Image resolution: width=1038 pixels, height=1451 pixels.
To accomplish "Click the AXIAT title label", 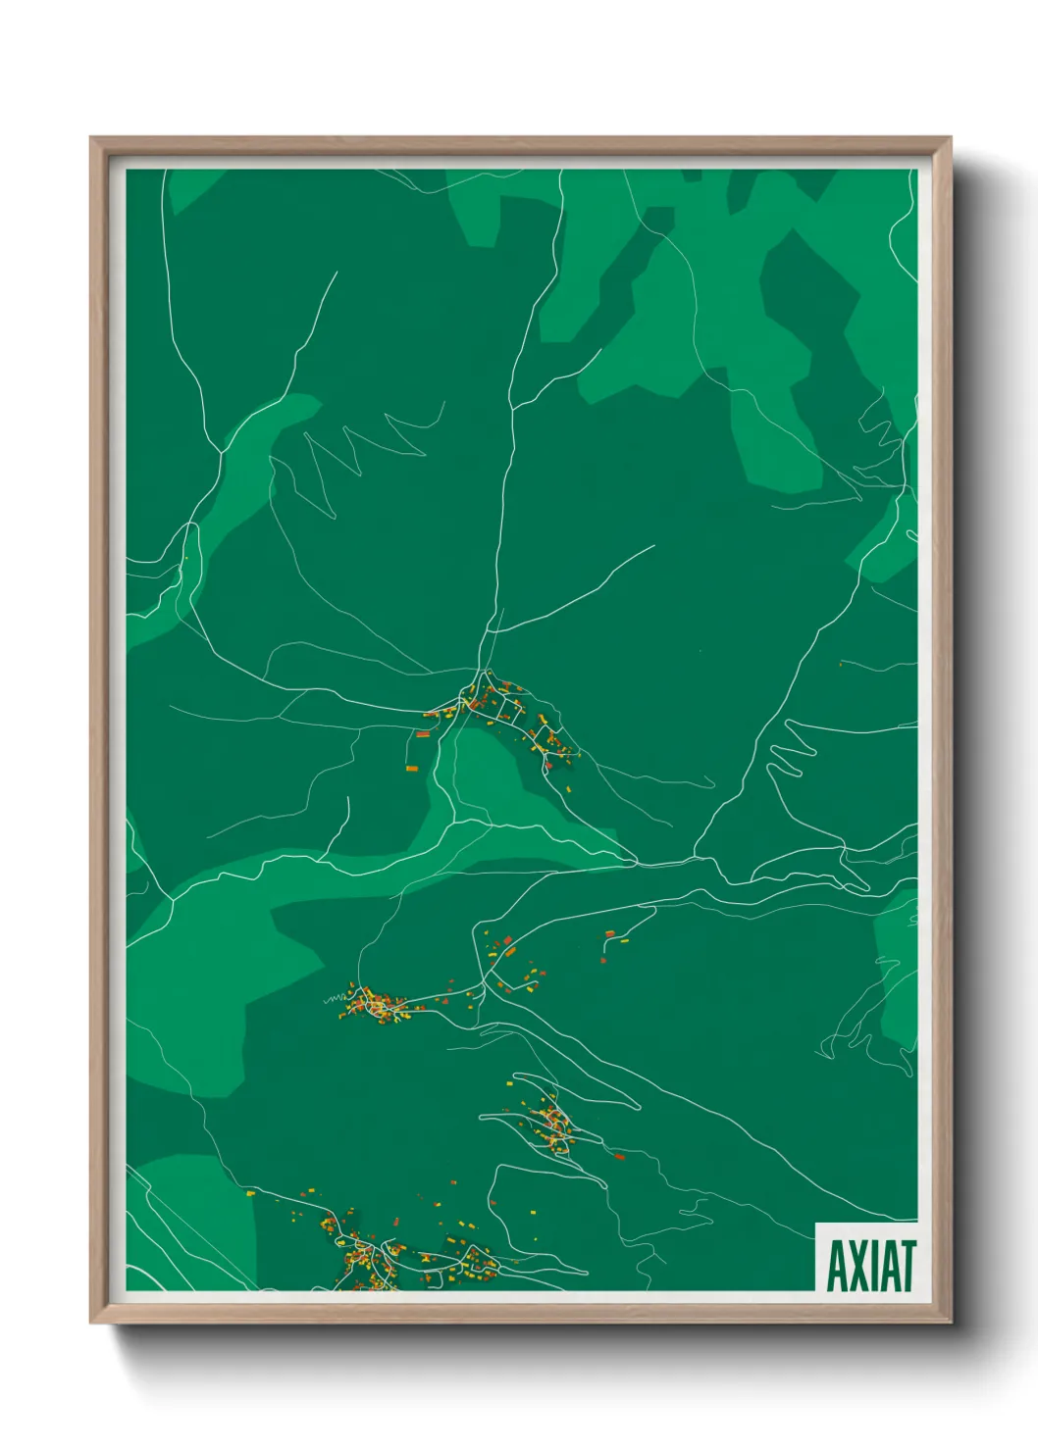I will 870,1265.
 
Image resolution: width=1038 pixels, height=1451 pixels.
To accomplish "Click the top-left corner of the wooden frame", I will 92,139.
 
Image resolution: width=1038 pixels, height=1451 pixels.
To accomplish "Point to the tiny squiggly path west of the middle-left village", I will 334,999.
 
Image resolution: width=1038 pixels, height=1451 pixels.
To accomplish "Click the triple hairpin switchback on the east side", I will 791,751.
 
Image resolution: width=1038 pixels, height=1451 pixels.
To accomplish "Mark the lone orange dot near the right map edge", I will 841,665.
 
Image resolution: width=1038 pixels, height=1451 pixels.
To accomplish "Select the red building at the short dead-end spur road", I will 609,933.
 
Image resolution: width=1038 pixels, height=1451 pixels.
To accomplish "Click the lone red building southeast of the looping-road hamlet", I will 619,1157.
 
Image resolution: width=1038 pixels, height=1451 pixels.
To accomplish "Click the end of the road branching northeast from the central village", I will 653,546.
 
